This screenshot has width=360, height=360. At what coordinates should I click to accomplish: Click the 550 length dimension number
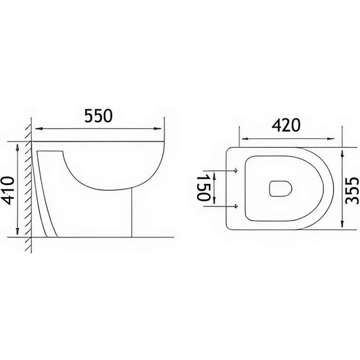pyautogui.click(x=97, y=116)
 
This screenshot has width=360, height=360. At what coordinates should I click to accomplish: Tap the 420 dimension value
pyautogui.click(x=286, y=126)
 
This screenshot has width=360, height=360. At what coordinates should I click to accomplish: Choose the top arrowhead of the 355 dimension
pyautogui.click(x=342, y=153)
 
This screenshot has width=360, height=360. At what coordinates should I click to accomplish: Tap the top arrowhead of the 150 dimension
pyautogui.click(x=215, y=173)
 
